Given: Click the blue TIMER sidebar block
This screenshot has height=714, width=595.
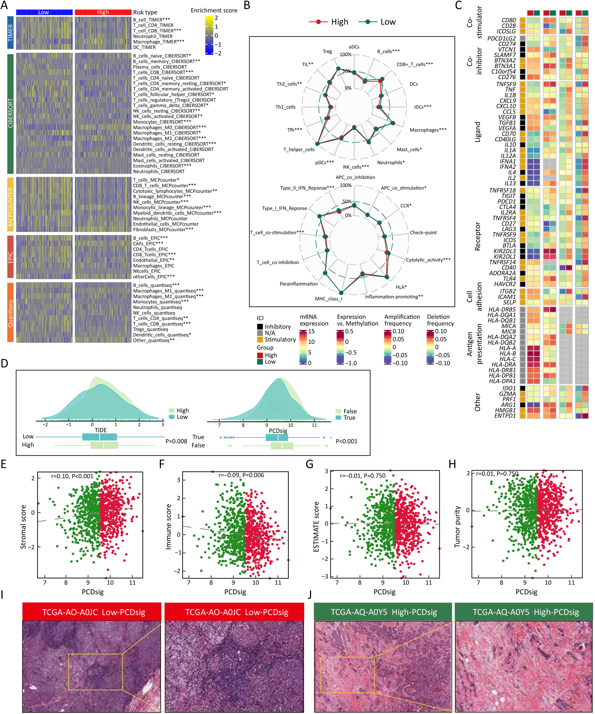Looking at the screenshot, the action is tap(10, 33).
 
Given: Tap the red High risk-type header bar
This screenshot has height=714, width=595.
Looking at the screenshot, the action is tap(103, 12).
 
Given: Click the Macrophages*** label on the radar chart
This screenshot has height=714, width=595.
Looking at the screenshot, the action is tap(428, 130).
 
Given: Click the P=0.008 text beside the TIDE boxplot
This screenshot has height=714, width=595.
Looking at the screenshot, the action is tap(176, 441).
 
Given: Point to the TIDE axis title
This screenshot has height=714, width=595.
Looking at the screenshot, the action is tap(101, 430).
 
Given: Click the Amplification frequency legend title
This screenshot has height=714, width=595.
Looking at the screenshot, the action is tap(402, 320).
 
